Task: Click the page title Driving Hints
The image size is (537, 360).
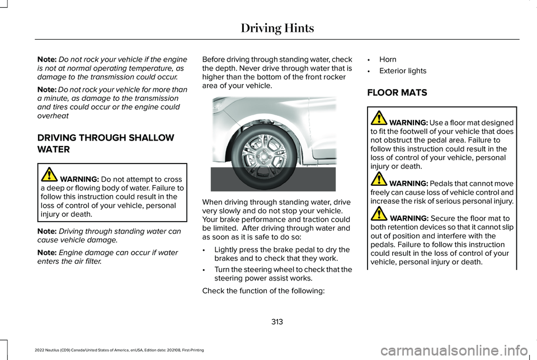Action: pyautogui.click(x=277, y=28)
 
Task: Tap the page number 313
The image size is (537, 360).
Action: pyautogui.click(x=277, y=321)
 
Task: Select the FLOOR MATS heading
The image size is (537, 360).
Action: pyautogui.click(x=397, y=92)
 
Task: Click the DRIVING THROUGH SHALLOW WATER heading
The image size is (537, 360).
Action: pyautogui.click(x=106, y=143)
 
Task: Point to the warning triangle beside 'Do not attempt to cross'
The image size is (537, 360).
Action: pyautogui.click(x=49, y=175)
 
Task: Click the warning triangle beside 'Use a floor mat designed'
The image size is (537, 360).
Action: pyautogui.click(x=379, y=118)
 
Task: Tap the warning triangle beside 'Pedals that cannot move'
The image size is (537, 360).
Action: pyautogui.click(x=379, y=179)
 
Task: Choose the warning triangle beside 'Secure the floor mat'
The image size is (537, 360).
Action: pyautogui.click(x=379, y=214)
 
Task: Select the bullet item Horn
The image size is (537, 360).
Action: pyautogui.click(x=388, y=59)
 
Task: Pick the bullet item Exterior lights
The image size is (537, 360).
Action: pyautogui.click(x=403, y=71)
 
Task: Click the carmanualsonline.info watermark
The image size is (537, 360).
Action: pyautogui.click(x=454, y=350)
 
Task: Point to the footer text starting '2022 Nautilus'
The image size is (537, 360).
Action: pyautogui.click(x=119, y=350)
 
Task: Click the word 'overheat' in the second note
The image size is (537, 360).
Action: pyautogui.click(x=53, y=116)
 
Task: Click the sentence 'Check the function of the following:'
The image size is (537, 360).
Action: pyautogui.click(x=263, y=291)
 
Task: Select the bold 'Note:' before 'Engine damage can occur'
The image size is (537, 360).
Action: pyautogui.click(x=47, y=253)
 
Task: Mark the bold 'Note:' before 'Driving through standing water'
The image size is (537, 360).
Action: pyautogui.click(x=47, y=231)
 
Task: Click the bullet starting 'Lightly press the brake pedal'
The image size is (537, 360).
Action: pyautogui.click(x=282, y=254)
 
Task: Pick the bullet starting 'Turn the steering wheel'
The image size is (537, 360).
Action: pyautogui.click(x=283, y=274)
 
